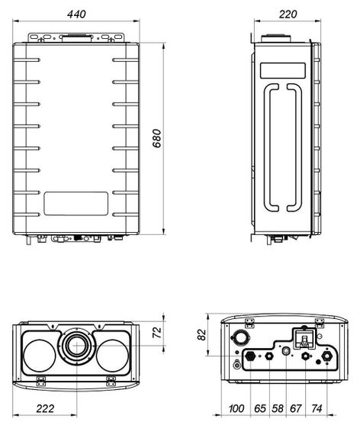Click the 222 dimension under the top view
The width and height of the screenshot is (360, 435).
point(45,410)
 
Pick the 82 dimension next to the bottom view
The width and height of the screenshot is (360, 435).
point(201,334)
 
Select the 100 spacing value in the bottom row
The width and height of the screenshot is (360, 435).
point(236,410)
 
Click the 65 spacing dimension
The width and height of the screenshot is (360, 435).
point(260,410)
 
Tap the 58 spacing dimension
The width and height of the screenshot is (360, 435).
point(278,410)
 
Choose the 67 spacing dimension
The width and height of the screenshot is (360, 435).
point(296,410)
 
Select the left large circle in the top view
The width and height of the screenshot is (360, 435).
point(40,355)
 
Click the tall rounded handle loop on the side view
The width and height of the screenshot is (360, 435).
point(280,145)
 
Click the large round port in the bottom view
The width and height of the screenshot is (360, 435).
point(240,337)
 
